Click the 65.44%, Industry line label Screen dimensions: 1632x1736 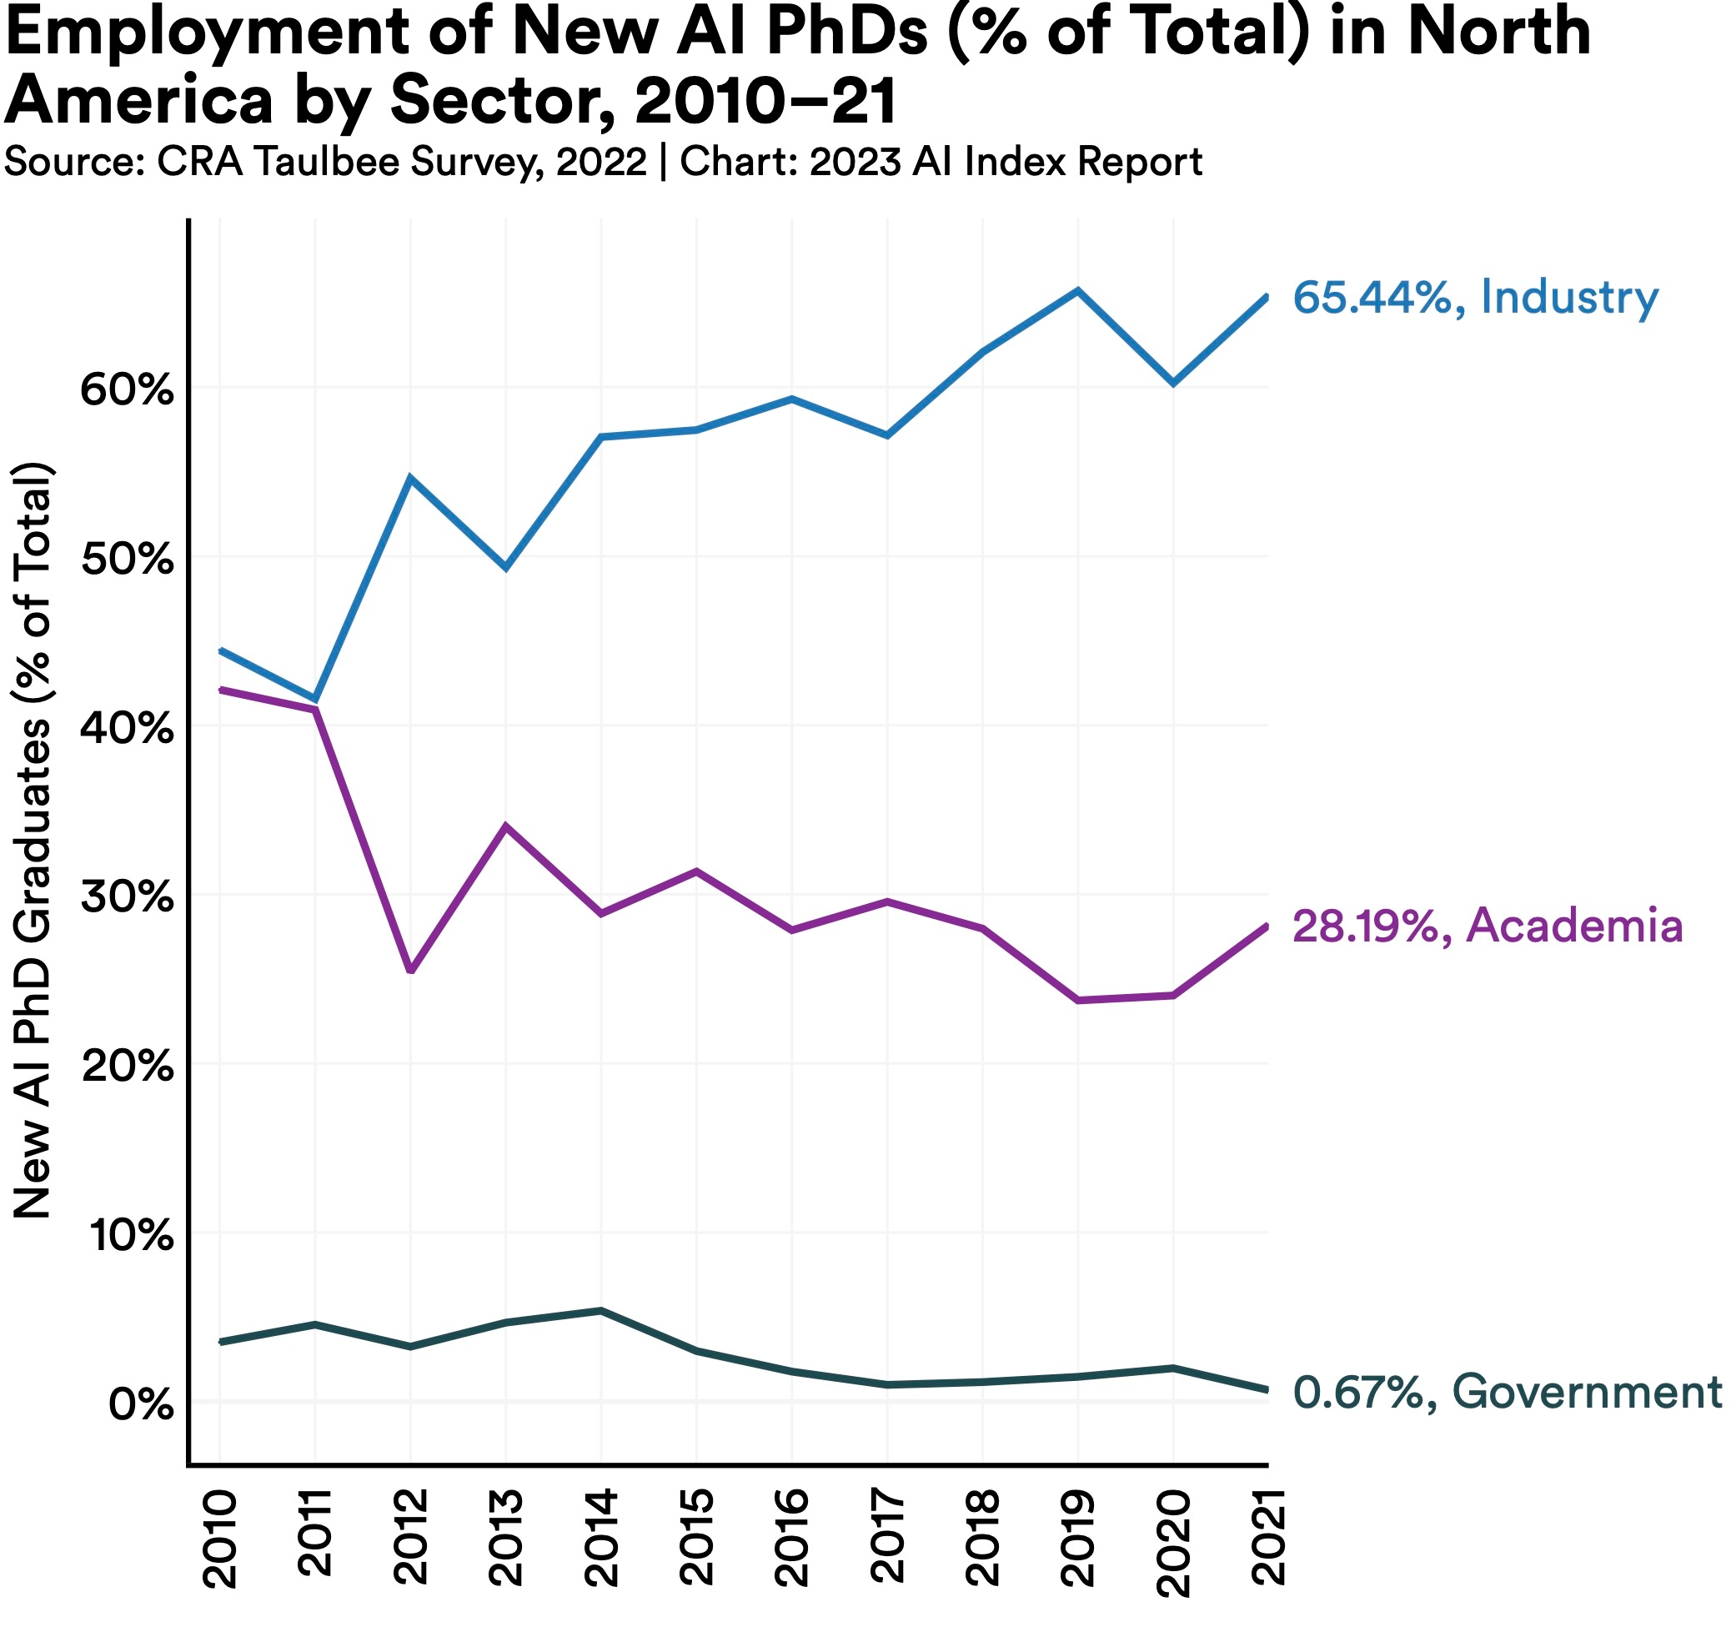1475,298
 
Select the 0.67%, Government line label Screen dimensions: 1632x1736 1508,1392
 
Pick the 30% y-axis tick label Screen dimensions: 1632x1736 128,897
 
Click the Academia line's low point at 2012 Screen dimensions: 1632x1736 410,971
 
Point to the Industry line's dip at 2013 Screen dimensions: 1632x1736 506,569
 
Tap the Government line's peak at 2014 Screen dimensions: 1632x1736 602,1311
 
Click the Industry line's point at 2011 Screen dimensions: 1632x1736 315,700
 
